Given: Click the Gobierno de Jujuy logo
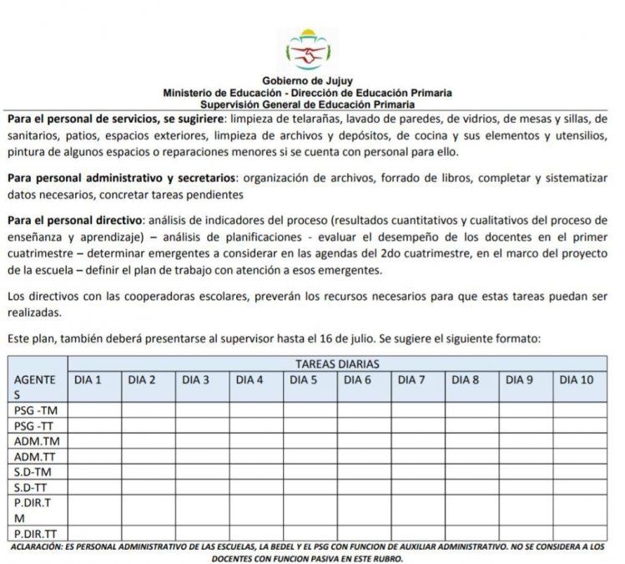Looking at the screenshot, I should [307, 49].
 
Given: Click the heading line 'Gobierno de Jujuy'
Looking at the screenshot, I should [307, 80].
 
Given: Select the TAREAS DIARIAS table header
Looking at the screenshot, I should [337, 363].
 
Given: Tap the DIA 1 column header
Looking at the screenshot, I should [88, 379].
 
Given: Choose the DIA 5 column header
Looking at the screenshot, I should [303, 379].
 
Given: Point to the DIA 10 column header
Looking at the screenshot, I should [577, 379].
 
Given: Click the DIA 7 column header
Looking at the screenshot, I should [411, 379].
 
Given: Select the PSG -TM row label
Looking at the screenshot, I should [35, 410].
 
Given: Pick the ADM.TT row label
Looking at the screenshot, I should [36, 456].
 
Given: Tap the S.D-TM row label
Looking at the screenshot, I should [33, 471].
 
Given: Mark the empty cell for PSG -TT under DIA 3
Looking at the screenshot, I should [202, 425].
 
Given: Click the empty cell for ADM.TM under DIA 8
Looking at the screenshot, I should [471, 441].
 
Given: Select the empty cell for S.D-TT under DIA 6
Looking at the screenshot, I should [363, 487].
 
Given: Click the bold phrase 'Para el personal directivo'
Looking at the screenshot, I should [75, 220].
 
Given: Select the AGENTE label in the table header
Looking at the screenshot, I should [35, 379].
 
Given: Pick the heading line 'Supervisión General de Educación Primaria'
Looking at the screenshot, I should [307, 105].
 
